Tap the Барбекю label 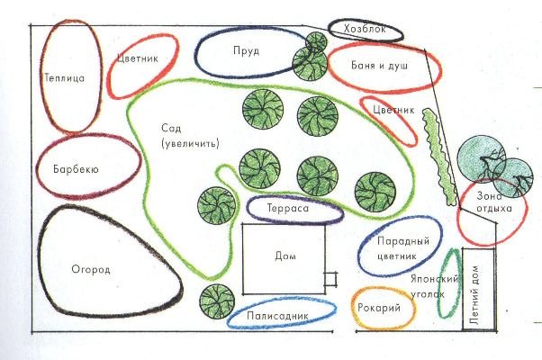pos(81,168)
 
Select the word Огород pos(91,268)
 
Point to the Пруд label pos(246,51)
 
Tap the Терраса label pos(288,209)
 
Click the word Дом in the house pos(285,256)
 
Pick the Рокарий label pos(384,307)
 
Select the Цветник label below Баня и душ pos(393,112)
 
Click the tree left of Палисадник pos(216,300)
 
